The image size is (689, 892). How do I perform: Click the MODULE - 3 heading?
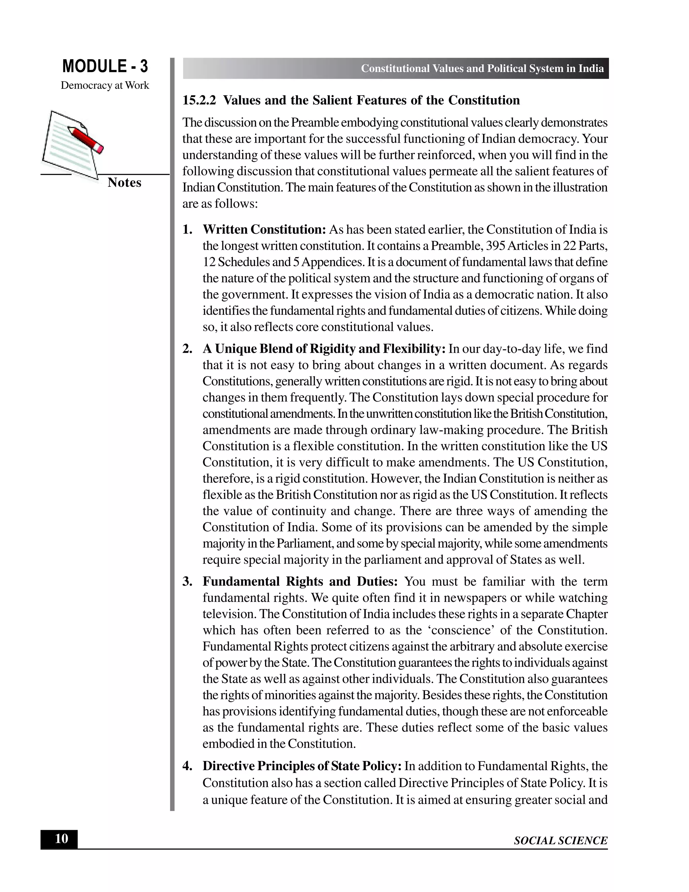(x=105, y=67)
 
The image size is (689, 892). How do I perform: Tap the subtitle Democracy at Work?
(x=105, y=85)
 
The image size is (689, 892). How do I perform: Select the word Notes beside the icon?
(x=124, y=182)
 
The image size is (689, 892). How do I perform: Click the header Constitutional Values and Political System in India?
(x=482, y=69)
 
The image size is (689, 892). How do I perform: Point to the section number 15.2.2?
(x=199, y=100)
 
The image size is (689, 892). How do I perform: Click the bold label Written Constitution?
(x=264, y=230)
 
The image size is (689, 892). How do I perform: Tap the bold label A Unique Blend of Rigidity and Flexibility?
(x=324, y=349)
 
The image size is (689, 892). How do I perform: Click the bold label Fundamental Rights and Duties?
(x=300, y=582)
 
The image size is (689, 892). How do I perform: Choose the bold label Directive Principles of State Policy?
(x=302, y=766)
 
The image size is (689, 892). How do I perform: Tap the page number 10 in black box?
(x=61, y=839)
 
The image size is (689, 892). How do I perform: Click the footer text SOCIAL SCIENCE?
(x=560, y=840)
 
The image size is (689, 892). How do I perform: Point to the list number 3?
(x=187, y=582)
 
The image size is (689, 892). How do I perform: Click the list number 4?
(x=187, y=766)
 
